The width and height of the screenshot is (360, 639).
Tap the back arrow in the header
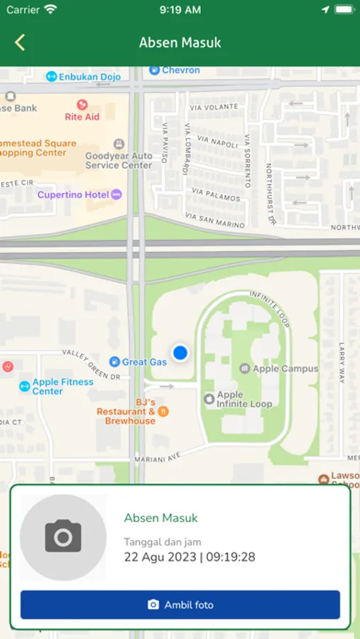(20, 43)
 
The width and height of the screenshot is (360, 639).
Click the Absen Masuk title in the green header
(180, 43)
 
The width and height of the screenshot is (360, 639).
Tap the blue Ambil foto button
(180, 605)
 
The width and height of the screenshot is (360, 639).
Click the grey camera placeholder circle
(63, 537)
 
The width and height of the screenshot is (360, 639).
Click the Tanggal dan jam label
(162, 542)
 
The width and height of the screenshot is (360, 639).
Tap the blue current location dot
(180, 352)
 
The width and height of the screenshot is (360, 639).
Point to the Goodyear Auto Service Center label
(119, 160)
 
